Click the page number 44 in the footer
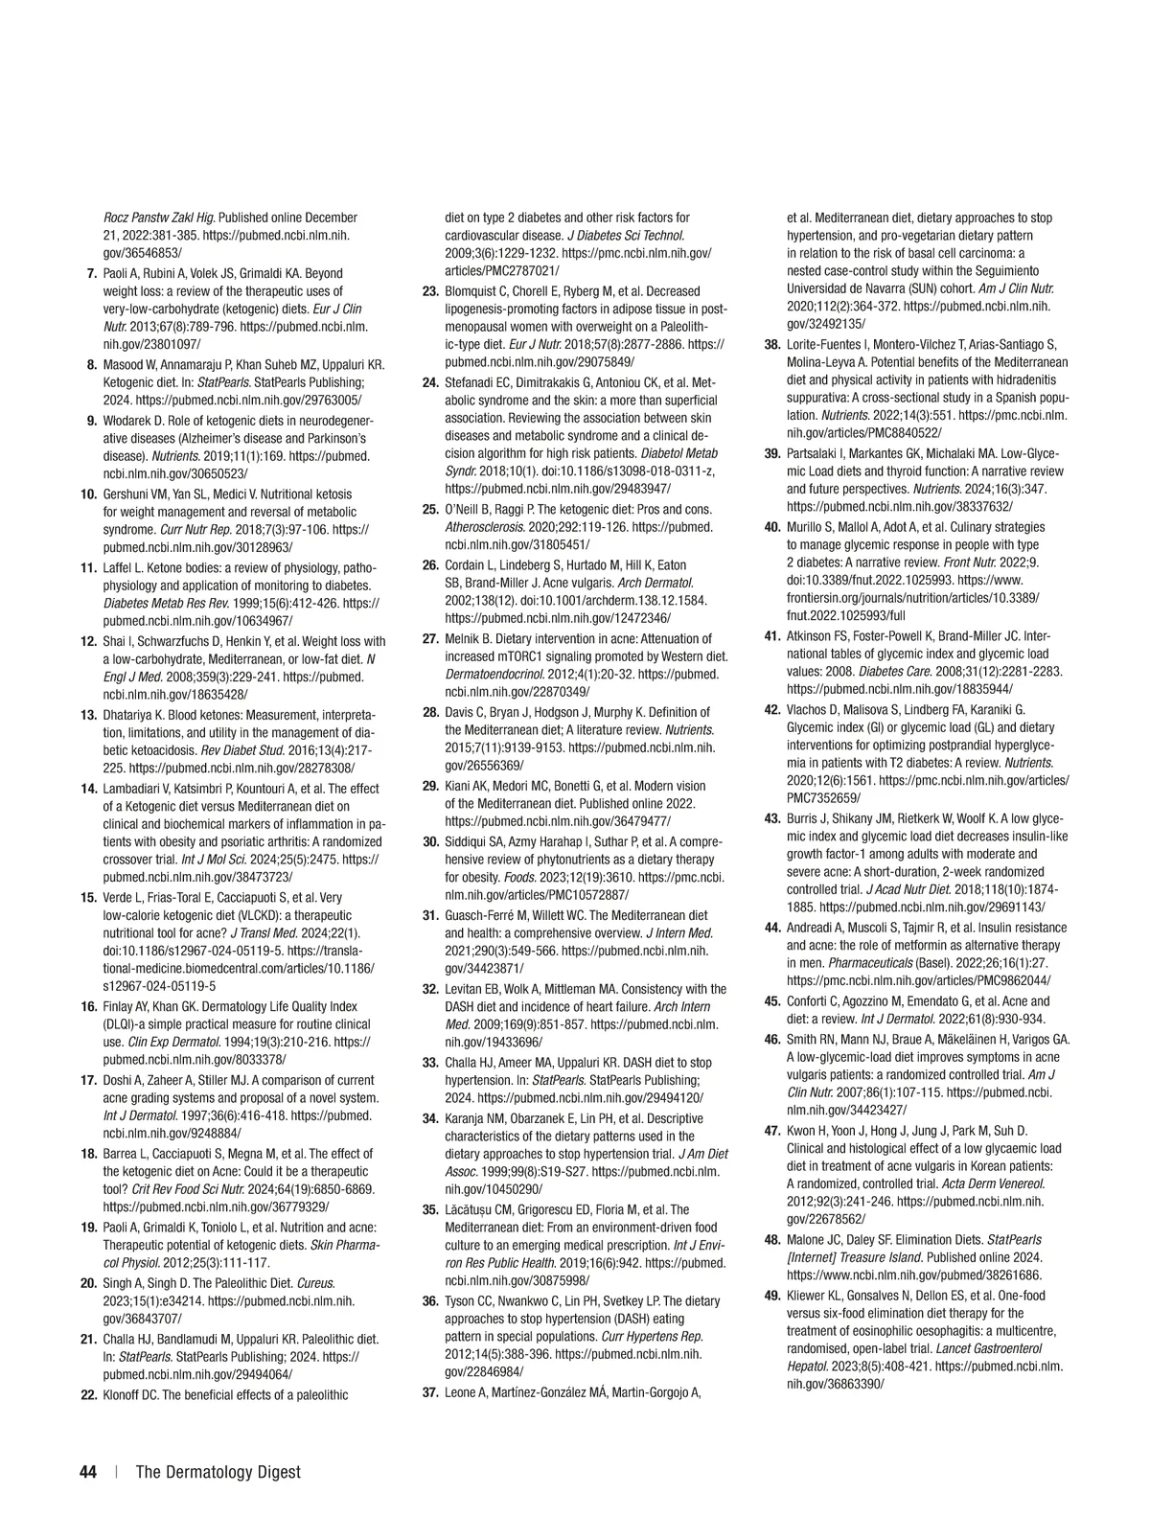tap(88, 1472)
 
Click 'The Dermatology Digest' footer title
tap(218, 1472)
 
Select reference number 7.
tap(92, 274)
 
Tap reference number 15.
tap(88, 898)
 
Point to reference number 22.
tap(88, 1395)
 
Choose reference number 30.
tap(430, 841)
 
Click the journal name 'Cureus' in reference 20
tap(315, 1283)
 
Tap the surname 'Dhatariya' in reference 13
tap(130, 715)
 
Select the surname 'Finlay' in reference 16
tap(120, 1006)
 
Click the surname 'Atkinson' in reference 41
tap(811, 635)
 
